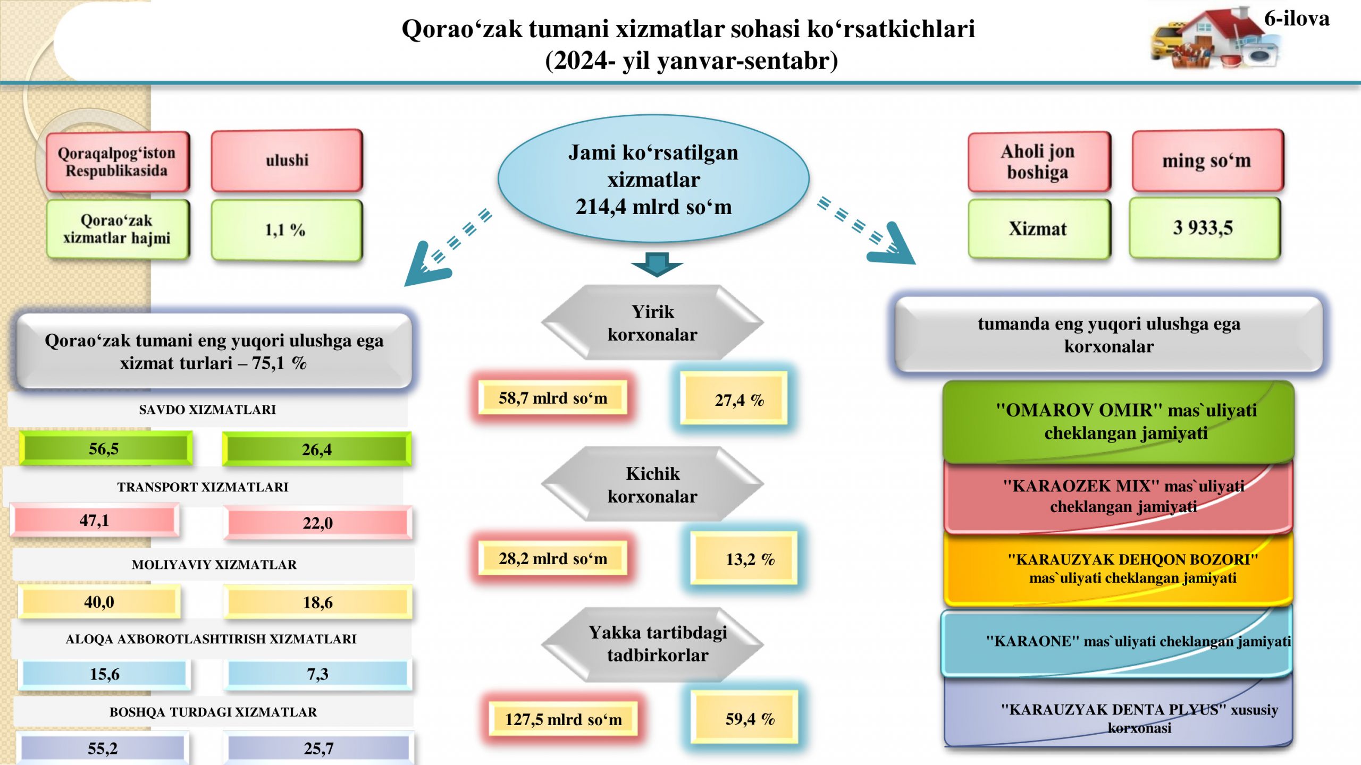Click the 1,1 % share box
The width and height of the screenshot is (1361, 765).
(x=287, y=230)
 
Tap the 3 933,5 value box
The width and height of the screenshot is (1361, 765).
(x=1205, y=228)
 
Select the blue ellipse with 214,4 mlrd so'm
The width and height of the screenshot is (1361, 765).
(x=653, y=179)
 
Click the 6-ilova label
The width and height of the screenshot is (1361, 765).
(x=1297, y=19)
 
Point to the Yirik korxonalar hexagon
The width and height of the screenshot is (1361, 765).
(x=652, y=322)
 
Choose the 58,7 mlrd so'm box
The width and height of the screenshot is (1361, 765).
(x=553, y=397)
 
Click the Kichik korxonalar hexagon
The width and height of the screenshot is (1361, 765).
(x=652, y=484)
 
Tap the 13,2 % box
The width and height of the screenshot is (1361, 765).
(x=744, y=558)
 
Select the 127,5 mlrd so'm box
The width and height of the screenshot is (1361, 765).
(x=563, y=719)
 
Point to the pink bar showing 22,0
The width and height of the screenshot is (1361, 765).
(x=317, y=523)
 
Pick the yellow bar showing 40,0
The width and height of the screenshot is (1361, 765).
(x=99, y=601)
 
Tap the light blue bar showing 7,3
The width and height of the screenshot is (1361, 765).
(x=317, y=674)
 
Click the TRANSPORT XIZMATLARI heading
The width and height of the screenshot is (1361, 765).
(x=203, y=487)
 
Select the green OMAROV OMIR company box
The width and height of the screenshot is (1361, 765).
(x=1119, y=421)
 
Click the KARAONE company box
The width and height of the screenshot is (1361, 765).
(x=1117, y=641)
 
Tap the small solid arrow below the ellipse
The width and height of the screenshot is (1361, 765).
(x=657, y=264)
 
